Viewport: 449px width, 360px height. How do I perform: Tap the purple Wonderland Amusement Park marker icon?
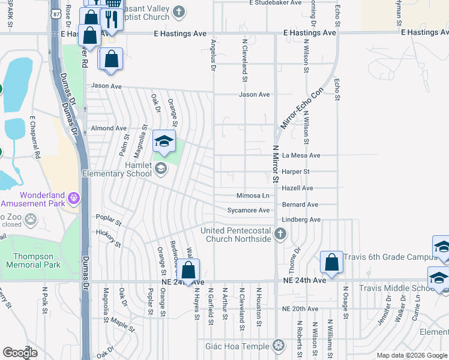(x=74, y=197)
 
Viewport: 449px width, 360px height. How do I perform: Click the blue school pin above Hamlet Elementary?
(x=164, y=142)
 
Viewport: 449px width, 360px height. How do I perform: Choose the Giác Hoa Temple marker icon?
(x=277, y=345)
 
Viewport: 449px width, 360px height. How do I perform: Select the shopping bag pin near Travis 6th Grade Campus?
(x=331, y=262)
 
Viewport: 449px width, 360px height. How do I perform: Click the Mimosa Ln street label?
(x=253, y=196)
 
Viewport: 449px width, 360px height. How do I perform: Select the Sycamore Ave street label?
(x=249, y=211)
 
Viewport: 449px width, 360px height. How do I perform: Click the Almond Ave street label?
(x=109, y=128)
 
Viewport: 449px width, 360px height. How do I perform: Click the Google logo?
(x=20, y=353)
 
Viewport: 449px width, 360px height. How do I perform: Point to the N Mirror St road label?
(x=276, y=163)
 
